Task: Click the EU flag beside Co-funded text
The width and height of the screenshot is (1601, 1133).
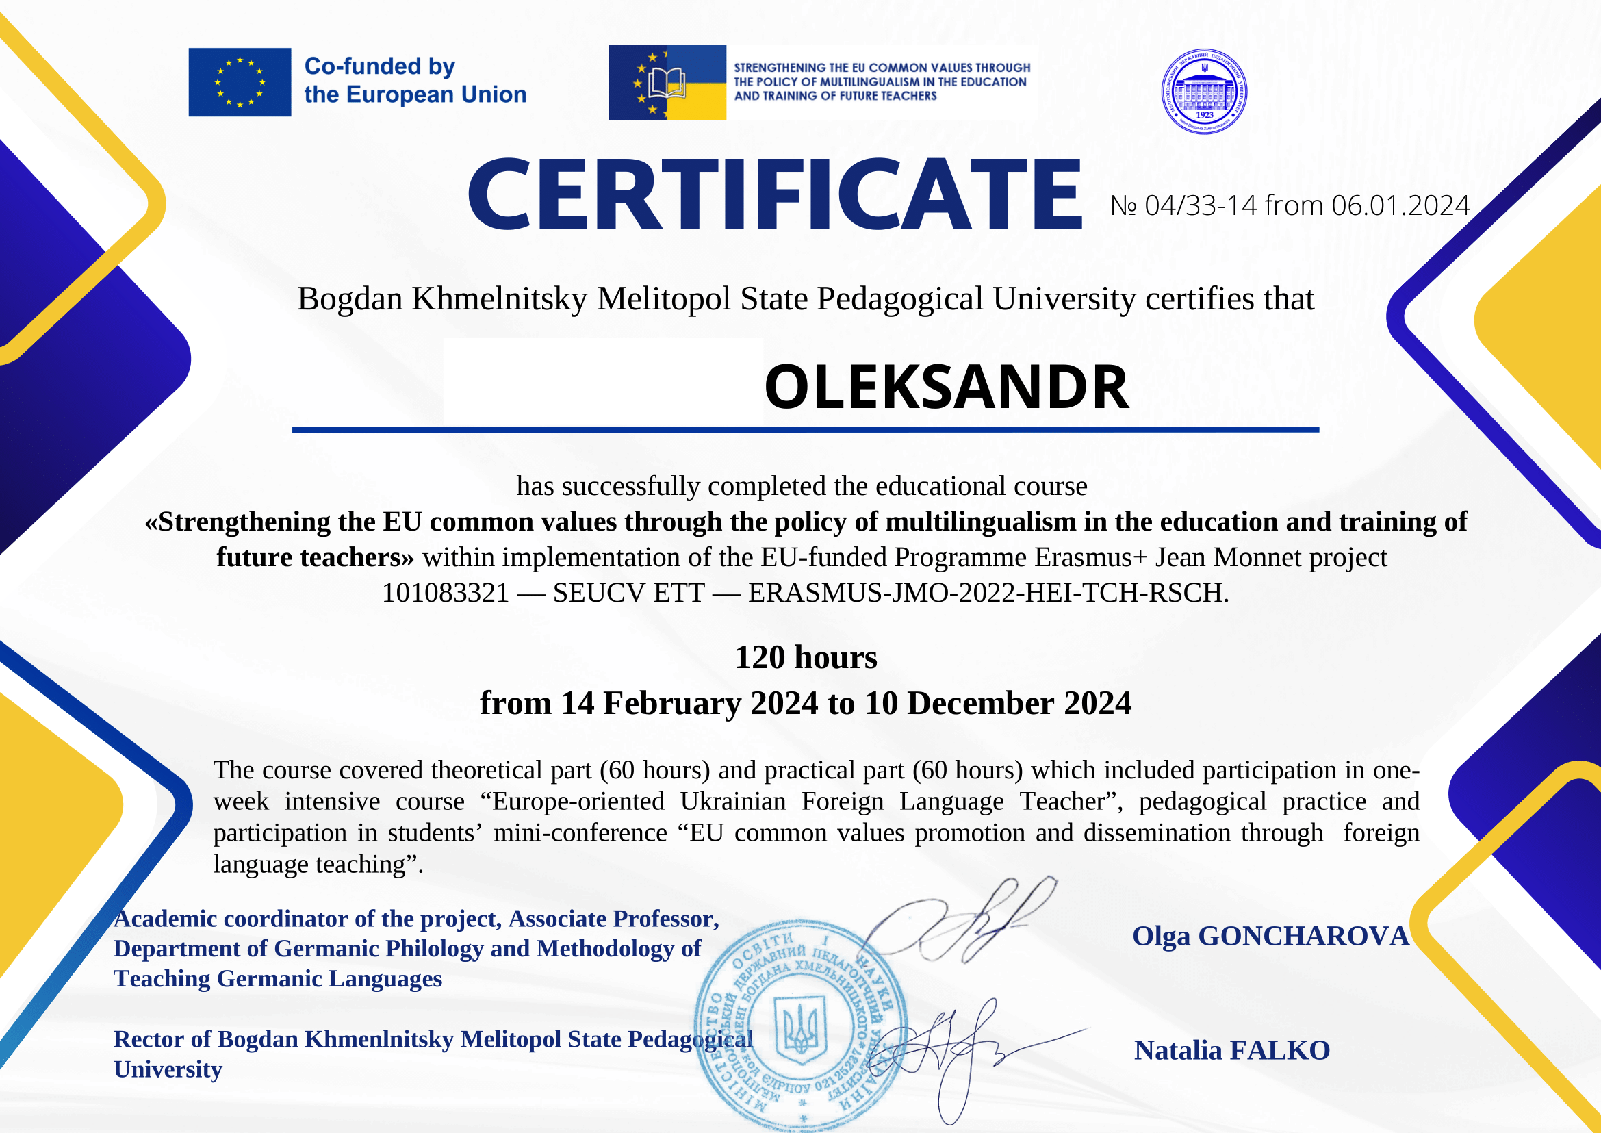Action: [240, 82]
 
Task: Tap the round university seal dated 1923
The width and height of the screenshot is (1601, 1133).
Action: [1204, 92]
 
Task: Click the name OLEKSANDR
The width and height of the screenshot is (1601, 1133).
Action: [946, 387]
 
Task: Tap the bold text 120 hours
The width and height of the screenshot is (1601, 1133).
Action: [806, 657]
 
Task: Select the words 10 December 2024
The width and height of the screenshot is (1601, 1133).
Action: [997, 703]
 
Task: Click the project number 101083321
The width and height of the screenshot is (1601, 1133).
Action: [445, 593]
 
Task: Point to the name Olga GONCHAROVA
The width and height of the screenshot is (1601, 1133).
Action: [1270, 937]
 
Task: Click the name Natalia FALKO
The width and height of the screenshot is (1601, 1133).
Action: [1232, 1051]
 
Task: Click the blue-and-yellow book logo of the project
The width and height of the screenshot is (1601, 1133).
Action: [667, 82]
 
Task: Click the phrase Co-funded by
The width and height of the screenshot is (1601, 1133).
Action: [379, 66]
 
